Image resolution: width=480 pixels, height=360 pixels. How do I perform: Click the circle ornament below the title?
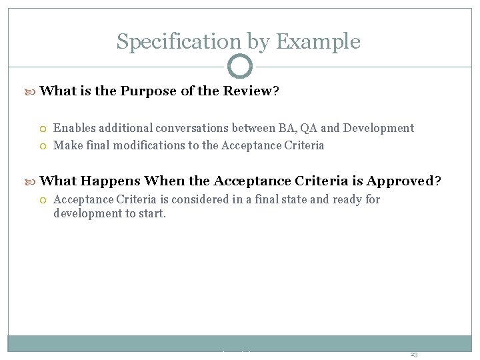240,67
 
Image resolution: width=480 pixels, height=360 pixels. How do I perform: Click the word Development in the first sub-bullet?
379,128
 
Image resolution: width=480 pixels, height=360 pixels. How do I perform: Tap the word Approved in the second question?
399,181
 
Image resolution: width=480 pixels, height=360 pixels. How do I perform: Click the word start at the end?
151,214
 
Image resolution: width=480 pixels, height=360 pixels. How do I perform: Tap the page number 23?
413,355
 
